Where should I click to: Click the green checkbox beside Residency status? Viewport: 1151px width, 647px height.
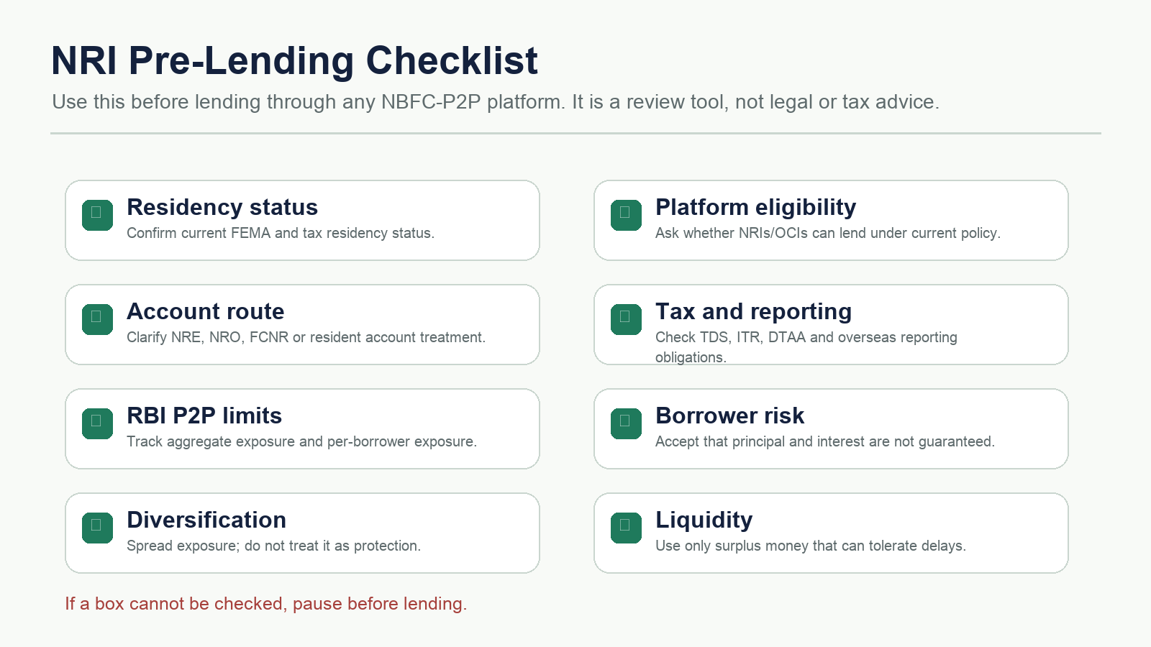[x=97, y=215]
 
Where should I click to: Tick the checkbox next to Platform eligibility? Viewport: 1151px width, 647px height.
[x=626, y=215]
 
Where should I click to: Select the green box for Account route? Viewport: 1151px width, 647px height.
[x=97, y=319]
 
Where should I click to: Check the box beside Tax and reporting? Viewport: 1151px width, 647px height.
[x=626, y=319]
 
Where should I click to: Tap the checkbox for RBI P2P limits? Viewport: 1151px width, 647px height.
[x=97, y=423]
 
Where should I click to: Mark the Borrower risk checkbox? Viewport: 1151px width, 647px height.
[x=626, y=423]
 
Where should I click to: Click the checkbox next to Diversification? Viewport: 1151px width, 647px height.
[x=97, y=528]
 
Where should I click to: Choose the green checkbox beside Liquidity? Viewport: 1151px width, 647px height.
[x=626, y=528]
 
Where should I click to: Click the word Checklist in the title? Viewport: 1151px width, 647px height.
[x=452, y=60]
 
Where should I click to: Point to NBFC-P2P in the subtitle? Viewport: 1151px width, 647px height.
[x=431, y=101]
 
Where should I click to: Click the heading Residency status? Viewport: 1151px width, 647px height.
[x=222, y=208]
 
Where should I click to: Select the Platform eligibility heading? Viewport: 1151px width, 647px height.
[x=755, y=208]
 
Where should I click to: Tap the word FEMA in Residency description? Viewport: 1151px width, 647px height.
[x=250, y=233]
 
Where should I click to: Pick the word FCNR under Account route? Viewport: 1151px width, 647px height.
[x=269, y=337]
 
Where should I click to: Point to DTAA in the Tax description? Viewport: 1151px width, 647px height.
[x=787, y=337]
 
